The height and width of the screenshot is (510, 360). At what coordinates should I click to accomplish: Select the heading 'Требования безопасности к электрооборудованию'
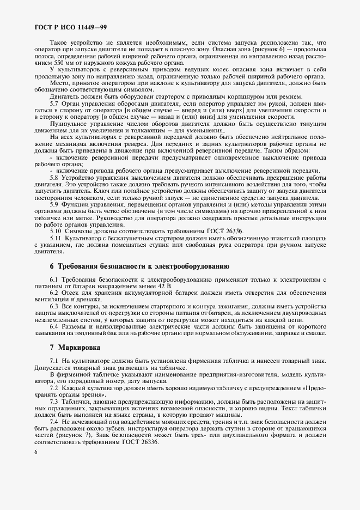point(139,266)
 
